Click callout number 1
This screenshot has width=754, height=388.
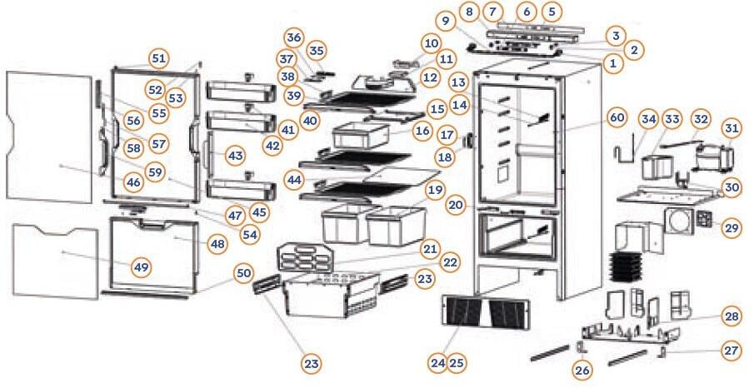tap(614, 63)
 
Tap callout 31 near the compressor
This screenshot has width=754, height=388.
tap(732, 129)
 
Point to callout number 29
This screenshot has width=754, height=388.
tap(732, 227)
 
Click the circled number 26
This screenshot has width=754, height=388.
tap(581, 367)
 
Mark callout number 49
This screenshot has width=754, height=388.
tap(142, 266)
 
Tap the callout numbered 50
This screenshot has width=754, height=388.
tap(243, 273)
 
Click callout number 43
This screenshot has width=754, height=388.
tap(236, 156)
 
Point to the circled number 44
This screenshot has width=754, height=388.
tap(292, 180)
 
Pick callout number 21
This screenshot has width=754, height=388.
tap(431, 248)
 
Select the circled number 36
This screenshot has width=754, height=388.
tap(293, 37)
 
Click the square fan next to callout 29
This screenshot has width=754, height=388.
tap(706, 219)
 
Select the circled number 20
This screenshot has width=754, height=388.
tap(455, 205)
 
